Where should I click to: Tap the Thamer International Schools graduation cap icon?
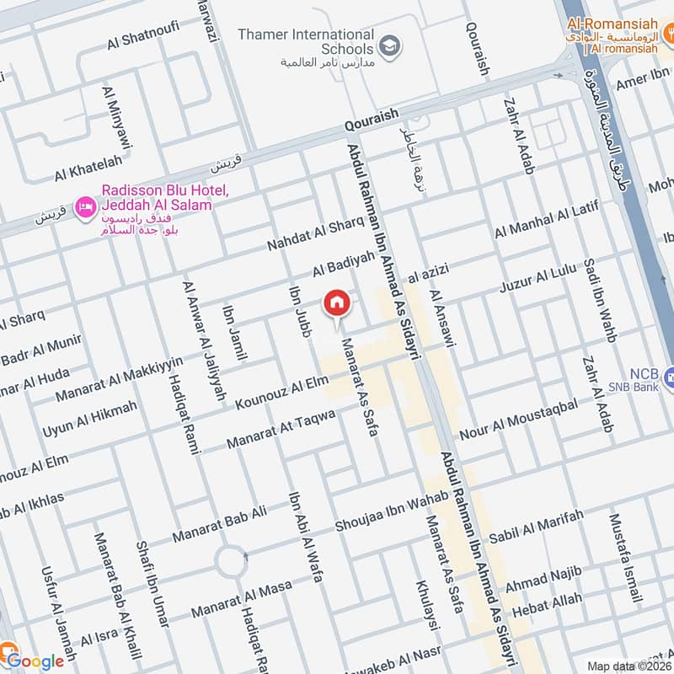coord(388,47)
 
